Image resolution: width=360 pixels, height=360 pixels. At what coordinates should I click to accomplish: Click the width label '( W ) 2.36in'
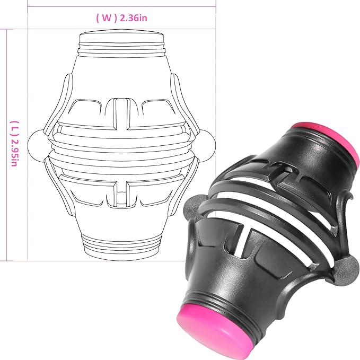coord(122,18)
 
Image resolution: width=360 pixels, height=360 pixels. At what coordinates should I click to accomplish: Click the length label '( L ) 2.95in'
coord(14,144)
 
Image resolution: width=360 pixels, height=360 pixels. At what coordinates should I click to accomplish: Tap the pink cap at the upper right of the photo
coord(328,140)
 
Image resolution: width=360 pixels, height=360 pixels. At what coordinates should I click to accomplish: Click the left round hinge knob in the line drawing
coord(35,145)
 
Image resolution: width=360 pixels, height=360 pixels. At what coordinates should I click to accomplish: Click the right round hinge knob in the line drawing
coord(208,146)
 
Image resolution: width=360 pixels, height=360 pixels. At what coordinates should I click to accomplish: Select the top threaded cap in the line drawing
coord(121,43)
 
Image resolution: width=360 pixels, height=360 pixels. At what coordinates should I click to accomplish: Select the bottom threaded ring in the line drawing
coord(121,248)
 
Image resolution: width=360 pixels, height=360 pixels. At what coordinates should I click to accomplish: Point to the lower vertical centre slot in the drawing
coord(121,193)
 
